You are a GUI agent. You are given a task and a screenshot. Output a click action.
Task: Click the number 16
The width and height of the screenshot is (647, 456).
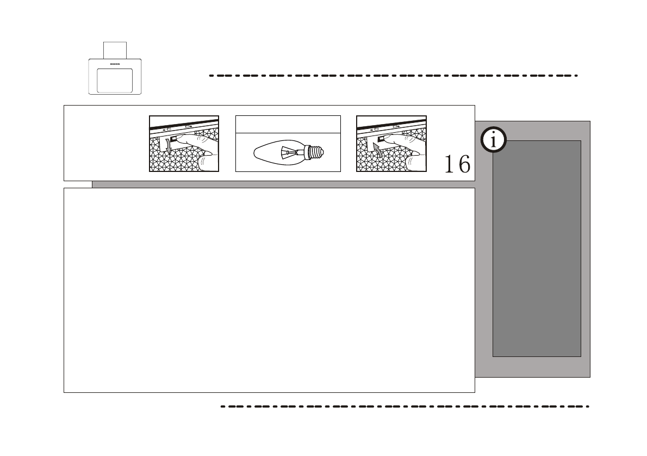coord(457,164)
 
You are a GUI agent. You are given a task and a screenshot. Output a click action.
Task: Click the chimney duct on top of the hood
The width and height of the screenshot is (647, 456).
coord(115,50)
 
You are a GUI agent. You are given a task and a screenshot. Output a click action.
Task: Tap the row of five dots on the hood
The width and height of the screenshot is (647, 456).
coord(115,64)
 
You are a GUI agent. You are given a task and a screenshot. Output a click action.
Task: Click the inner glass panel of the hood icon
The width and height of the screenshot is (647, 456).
coord(115,81)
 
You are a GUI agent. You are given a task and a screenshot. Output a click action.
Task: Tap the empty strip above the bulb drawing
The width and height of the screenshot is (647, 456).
coord(288,124)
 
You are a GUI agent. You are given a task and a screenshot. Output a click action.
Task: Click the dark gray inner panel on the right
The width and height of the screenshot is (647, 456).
coord(537,248)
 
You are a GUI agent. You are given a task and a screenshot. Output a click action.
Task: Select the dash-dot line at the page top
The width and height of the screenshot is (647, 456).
coord(393,76)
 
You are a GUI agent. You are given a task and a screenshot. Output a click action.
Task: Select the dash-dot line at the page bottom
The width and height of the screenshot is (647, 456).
coord(405,406)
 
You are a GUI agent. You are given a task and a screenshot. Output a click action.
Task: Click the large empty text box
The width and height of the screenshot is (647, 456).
coord(269,290)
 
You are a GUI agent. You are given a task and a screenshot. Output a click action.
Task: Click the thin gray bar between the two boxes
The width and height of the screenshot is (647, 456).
coord(283,184)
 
